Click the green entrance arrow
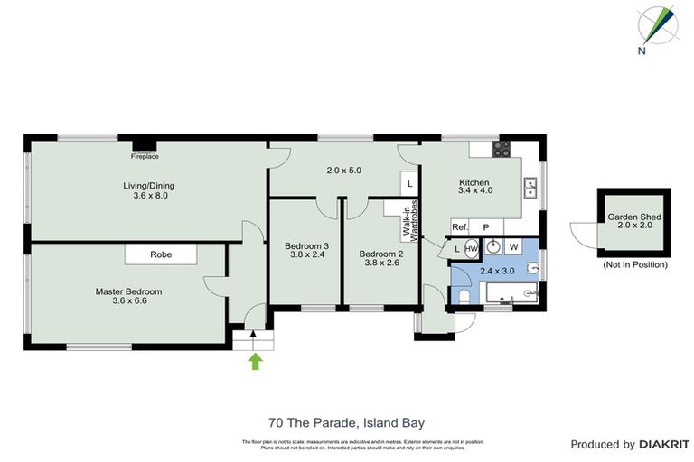coord(256,362)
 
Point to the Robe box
coord(161,255)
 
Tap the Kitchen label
coord(475,185)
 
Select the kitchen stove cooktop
coord(502,149)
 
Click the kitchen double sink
coord(530,188)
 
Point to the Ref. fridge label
coord(460,227)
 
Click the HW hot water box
coord(471,248)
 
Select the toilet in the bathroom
coord(464,296)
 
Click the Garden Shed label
coord(633,222)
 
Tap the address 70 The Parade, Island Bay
coord(346,421)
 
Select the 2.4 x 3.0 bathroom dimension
coord(496,271)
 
